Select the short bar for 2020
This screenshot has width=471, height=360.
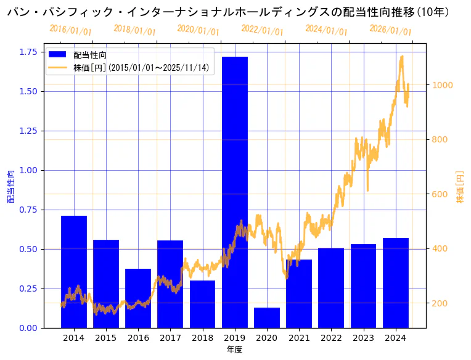point(267,317)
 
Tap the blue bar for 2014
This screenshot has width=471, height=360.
point(74,271)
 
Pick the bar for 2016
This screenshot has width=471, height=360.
point(138,298)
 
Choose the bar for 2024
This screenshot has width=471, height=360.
point(396,283)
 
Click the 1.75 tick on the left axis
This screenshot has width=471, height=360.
point(28,52)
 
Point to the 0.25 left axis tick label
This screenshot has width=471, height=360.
point(28,288)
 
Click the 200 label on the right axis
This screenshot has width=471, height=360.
point(441,303)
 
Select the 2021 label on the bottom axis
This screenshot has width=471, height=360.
point(299,338)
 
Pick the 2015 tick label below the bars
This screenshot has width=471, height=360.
point(106,338)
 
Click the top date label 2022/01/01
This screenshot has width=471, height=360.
point(262,30)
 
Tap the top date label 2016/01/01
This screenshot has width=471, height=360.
point(70,30)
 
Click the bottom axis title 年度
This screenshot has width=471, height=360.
point(234,350)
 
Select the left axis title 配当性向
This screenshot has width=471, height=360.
point(11,187)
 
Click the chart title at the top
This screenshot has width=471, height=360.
point(228,12)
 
